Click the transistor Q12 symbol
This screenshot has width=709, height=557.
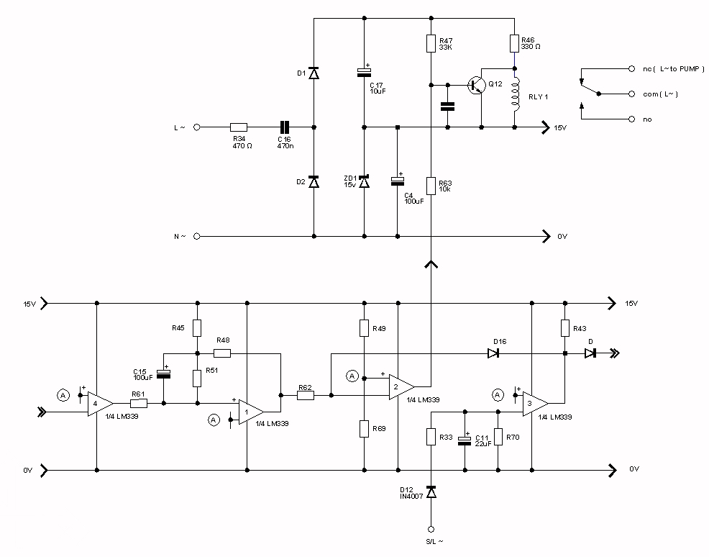pos(475,85)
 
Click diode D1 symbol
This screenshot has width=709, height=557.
pos(314,73)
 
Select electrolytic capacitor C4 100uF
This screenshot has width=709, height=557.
pos(397,181)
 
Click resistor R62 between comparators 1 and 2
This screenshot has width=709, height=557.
pos(305,395)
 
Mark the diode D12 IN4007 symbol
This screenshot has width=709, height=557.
pos(431,492)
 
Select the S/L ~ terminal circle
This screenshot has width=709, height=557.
pos(431,527)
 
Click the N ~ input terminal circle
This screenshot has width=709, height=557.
pos(196,235)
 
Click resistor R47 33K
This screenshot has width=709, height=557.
pos(430,44)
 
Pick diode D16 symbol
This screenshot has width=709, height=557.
pos(493,353)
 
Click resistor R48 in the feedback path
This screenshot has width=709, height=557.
pos(222,353)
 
